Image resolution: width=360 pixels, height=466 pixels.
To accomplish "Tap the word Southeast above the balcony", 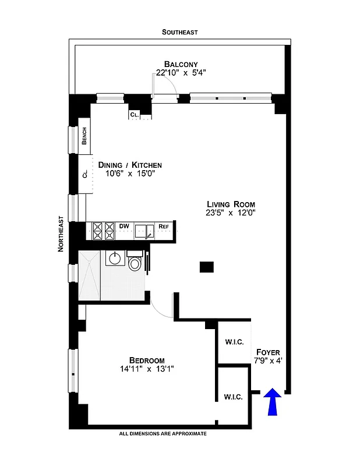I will point(180,33).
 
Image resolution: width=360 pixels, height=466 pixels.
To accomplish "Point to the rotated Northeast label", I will point(61,234).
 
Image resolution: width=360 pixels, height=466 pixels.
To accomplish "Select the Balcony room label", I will point(181,64).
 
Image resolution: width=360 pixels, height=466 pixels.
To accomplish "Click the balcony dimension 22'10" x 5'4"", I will point(181,73).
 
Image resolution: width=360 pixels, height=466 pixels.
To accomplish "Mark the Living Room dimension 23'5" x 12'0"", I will point(231,213).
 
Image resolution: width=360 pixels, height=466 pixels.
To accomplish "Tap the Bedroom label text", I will point(147,360).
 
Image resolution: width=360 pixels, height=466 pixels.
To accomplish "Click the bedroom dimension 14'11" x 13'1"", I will point(147,369).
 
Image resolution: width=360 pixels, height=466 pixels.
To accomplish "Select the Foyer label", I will point(268,352).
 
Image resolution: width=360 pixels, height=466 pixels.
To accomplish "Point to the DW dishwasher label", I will point(124,226).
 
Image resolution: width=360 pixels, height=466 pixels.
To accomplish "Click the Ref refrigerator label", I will point(164,227).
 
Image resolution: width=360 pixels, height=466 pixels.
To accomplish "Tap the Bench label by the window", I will point(84,136).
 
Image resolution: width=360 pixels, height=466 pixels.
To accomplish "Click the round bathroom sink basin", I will point(114,257).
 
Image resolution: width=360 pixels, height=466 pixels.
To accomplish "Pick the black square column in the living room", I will point(207,267).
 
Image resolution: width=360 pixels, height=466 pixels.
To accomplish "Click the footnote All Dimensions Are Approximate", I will point(163,434).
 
